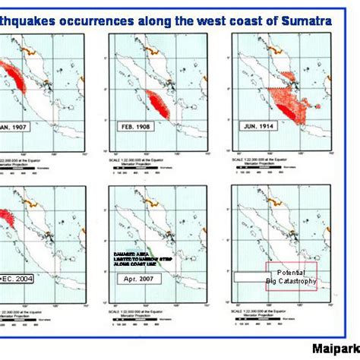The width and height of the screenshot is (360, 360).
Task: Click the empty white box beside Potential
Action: pos(249,278)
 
